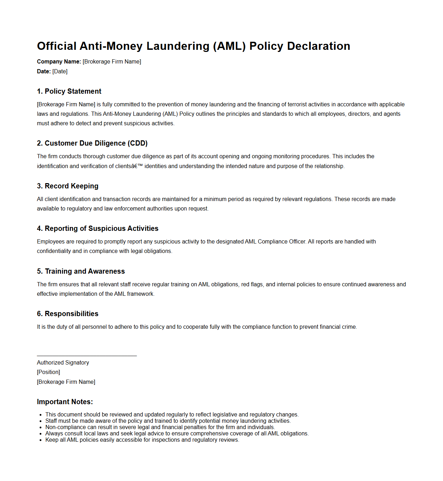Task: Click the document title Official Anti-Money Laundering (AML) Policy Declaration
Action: pos(193,46)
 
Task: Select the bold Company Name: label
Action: pos(59,62)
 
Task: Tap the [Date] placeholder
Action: pos(60,72)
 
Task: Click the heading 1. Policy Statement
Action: pos(69,92)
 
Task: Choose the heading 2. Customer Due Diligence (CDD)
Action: pos(92,143)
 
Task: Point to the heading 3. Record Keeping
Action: pos(68,186)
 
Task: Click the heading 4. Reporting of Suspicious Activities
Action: pos(98,229)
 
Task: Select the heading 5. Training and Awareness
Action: pos(81,272)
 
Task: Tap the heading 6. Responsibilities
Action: pos(68,314)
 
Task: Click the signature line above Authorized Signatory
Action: pos(87,356)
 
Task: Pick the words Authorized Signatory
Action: pos(63,363)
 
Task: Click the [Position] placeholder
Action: pos(48,372)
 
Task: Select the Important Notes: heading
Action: pos(65,402)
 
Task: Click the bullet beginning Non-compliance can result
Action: pos(160,427)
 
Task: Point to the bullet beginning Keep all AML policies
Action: pos(142,440)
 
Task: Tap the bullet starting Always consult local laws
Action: pos(177,434)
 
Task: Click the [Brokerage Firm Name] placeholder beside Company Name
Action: pos(112,62)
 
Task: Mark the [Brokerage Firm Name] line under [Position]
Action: pos(66,382)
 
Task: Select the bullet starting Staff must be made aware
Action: pos(168,421)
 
